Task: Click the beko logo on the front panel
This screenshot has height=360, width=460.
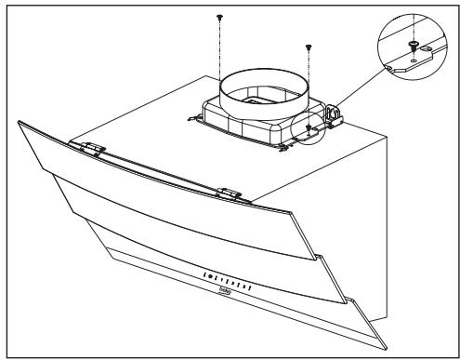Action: click(226, 291)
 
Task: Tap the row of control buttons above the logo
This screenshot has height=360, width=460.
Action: click(226, 276)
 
